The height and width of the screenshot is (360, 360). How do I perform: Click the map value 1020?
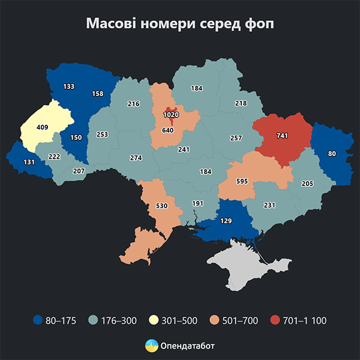(x=171, y=113)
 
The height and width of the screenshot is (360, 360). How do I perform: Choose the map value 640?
(x=167, y=130)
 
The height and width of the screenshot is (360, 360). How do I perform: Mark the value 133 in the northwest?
(x=68, y=86)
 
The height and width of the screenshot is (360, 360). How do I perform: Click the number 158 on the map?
(x=97, y=94)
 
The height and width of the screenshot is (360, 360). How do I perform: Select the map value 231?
(x=269, y=205)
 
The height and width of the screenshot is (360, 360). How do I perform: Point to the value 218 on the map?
(x=241, y=103)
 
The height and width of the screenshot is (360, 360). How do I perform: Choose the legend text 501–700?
(x=241, y=320)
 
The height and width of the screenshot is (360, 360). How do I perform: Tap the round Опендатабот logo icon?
(x=152, y=346)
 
